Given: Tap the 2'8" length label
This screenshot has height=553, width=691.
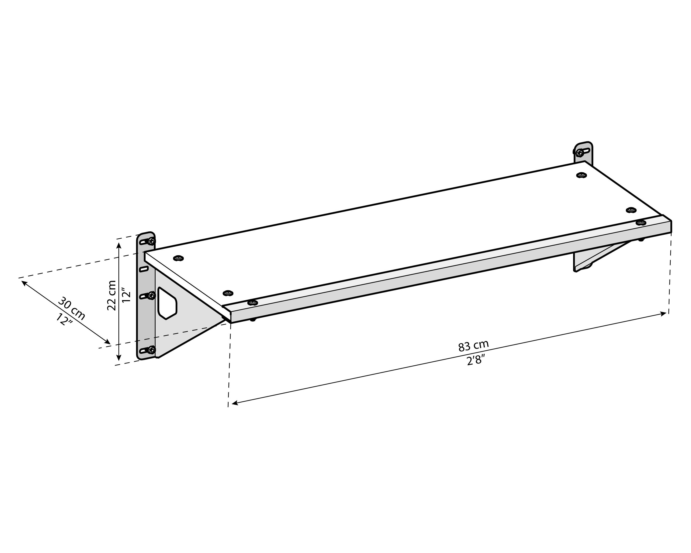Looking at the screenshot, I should [x=475, y=360].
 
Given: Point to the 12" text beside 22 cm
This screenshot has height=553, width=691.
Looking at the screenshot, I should [x=127, y=297].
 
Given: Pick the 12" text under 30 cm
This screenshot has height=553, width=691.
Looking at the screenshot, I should [x=64, y=319].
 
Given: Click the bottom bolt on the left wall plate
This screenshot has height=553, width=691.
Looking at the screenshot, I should [x=152, y=349].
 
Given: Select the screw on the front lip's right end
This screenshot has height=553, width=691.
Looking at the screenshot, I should [x=641, y=222].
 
